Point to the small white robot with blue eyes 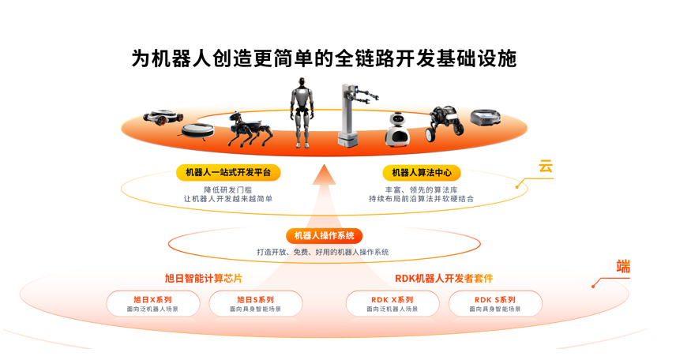click(x=399, y=129)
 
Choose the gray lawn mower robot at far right click(x=486, y=118)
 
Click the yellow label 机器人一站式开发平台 click(x=228, y=173)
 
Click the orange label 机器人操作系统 click(x=324, y=236)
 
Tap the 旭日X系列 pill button click(x=152, y=304)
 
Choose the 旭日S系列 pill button click(x=255, y=304)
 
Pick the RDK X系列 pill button click(x=392, y=304)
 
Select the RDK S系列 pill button click(x=495, y=304)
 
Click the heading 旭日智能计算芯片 click(x=203, y=279)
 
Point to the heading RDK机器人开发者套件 click(x=444, y=279)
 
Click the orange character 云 click(x=546, y=167)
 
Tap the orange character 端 click(x=623, y=267)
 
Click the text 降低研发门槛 click(x=228, y=189)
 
